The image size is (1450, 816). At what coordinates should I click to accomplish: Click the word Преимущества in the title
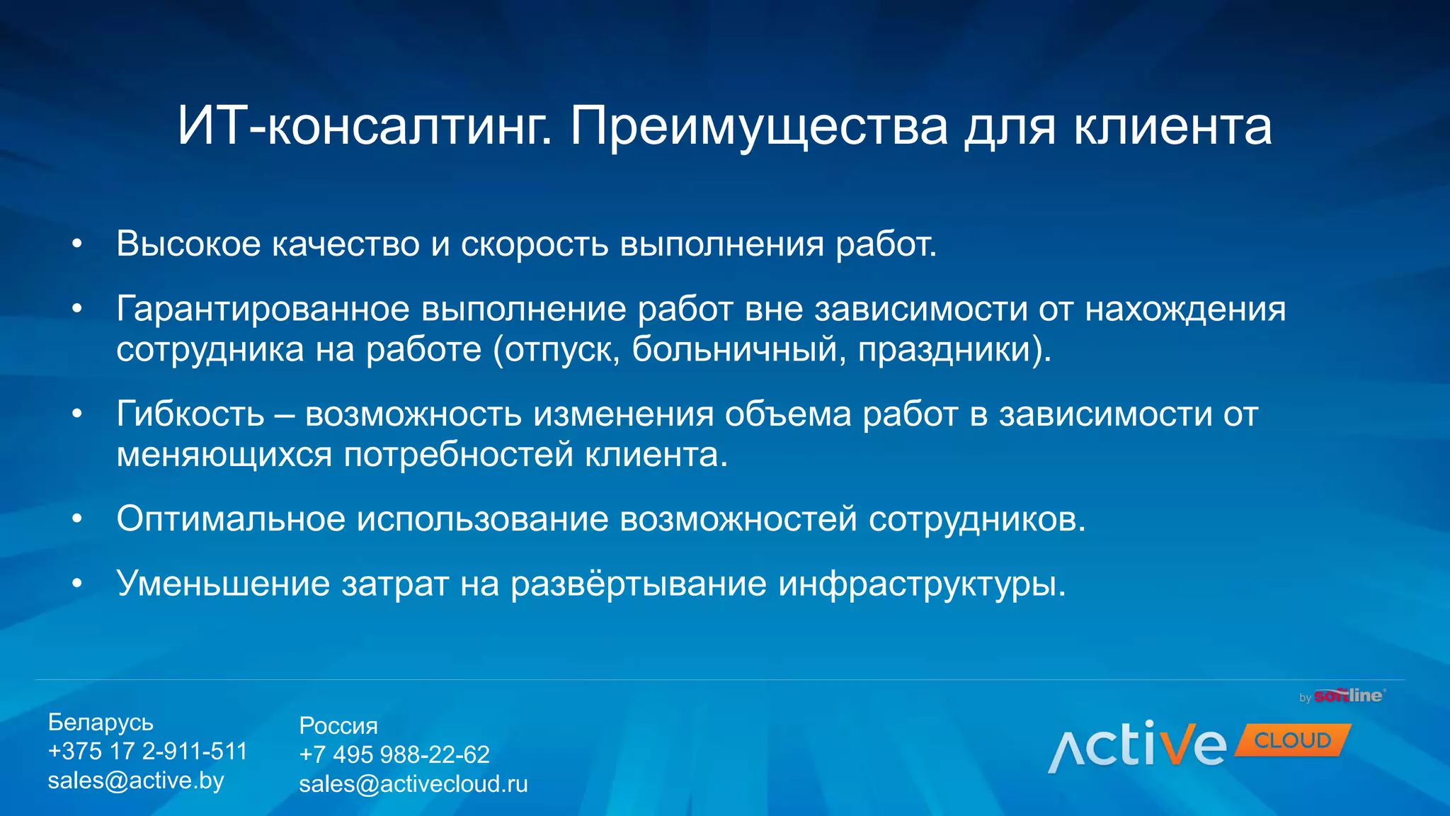point(758,127)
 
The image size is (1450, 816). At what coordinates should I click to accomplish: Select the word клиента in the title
point(1172,127)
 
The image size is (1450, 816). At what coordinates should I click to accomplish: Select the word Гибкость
point(190,414)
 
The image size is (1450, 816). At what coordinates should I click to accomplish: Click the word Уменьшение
point(223,584)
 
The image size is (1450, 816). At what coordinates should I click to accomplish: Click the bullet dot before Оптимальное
point(77,519)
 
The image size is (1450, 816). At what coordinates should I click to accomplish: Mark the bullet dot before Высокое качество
point(77,244)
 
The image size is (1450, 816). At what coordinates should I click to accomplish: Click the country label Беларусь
point(101,722)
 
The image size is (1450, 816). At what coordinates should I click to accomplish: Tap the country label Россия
point(338,726)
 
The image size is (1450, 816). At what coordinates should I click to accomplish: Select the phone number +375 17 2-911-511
point(147,752)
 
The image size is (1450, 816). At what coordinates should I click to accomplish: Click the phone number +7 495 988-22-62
point(394,755)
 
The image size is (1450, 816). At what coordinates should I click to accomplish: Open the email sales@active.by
point(136,781)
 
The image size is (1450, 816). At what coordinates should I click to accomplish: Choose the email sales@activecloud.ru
point(413,784)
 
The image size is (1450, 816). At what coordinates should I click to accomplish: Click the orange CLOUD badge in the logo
point(1292,741)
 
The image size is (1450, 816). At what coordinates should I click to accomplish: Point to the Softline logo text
point(1348,696)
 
